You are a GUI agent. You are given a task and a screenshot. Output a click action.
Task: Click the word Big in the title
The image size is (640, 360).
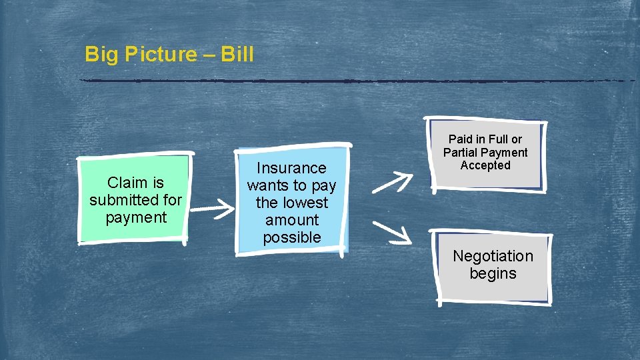pyautogui.click(x=101, y=54)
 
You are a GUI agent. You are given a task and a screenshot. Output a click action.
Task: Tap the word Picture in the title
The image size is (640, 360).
pyautogui.click(x=159, y=54)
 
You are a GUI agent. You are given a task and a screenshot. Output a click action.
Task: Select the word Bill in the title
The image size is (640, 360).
pyautogui.click(x=237, y=54)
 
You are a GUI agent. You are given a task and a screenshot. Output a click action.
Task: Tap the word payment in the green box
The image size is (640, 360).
pyautogui.click(x=135, y=217)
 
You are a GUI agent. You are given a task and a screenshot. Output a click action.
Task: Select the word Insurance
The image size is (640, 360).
pyautogui.click(x=292, y=168)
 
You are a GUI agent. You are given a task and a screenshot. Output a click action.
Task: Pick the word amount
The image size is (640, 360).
pyautogui.click(x=292, y=220)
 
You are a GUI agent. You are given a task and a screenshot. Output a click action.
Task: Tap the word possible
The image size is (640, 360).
pyautogui.click(x=292, y=237)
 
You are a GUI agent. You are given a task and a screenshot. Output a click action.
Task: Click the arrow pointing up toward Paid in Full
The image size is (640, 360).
pyautogui.click(x=392, y=181)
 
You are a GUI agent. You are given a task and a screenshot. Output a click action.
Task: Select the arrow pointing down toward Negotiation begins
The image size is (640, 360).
pyautogui.click(x=391, y=230)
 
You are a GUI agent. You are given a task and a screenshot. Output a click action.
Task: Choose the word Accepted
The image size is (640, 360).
pyautogui.click(x=485, y=165)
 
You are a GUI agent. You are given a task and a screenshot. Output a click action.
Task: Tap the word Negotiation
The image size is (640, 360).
pyautogui.click(x=493, y=256)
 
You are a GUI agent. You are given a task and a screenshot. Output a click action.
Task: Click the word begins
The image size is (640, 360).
pyautogui.click(x=493, y=273)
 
